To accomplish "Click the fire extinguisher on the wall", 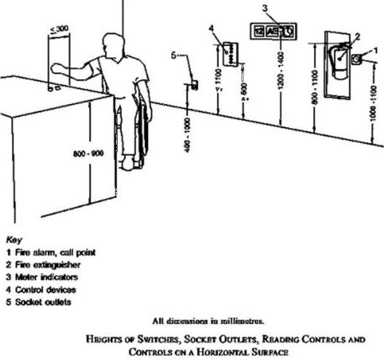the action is pos(339,64).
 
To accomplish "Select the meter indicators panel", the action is pos(273,32).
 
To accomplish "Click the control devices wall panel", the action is pos(231,52).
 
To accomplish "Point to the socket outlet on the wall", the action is pos(194,84).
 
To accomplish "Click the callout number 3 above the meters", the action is pos(265,8).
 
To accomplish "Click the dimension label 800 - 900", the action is pos(92,154).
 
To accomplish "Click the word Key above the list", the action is pos(13,240).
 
